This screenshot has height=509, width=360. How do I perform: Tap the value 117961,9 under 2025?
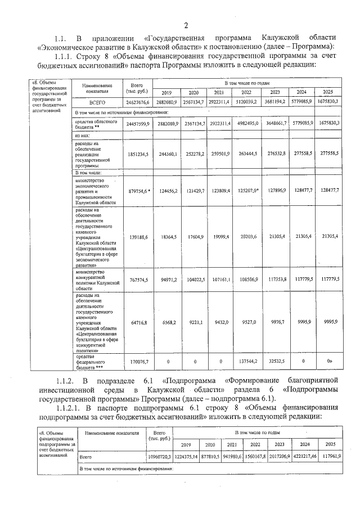pos(331,456)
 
